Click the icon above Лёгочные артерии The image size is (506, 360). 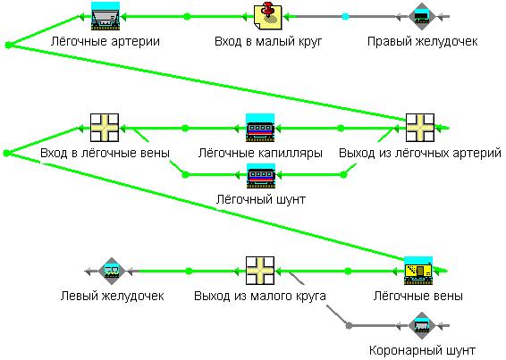[105, 16]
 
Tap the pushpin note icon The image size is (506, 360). [268, 16]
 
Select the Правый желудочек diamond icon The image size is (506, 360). [421, 16]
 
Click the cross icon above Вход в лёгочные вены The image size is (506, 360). [105, 128]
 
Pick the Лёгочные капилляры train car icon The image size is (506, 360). [260, 128]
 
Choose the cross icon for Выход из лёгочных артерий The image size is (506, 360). [420, 128]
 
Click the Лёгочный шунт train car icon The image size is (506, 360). [261, 175]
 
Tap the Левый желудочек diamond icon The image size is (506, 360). [112, 271]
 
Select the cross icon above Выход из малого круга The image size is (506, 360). [260, 271]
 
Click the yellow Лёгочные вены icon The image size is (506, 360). [418, 271]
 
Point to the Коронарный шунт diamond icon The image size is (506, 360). [422, 325]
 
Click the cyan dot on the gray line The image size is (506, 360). [345, 16]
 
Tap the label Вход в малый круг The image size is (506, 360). [268, 42]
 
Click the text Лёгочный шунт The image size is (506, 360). [261, 200]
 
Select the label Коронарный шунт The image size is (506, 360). [422, 350]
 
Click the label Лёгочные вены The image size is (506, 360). [418, 296]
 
